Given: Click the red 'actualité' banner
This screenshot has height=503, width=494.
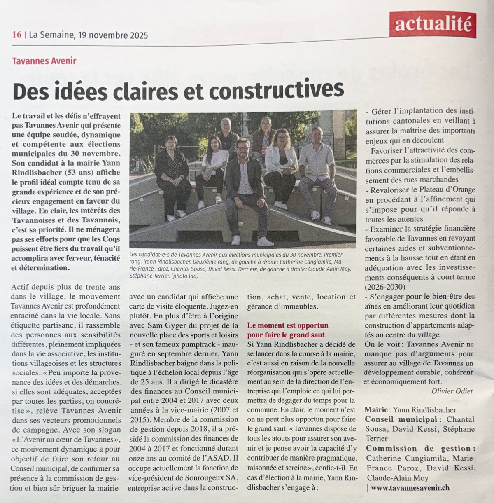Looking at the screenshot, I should (x=433, y=25).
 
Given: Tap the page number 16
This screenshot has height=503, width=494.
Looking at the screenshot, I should (x=16, y=35).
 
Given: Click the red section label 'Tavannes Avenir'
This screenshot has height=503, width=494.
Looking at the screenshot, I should (x=44, y=61).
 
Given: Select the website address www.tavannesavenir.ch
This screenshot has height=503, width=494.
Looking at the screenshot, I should (x=410, y=487).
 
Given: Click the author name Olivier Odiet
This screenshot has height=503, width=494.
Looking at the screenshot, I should (x=452, y=391).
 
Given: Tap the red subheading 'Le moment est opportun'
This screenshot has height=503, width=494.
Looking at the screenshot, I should (x=288, y=325).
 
